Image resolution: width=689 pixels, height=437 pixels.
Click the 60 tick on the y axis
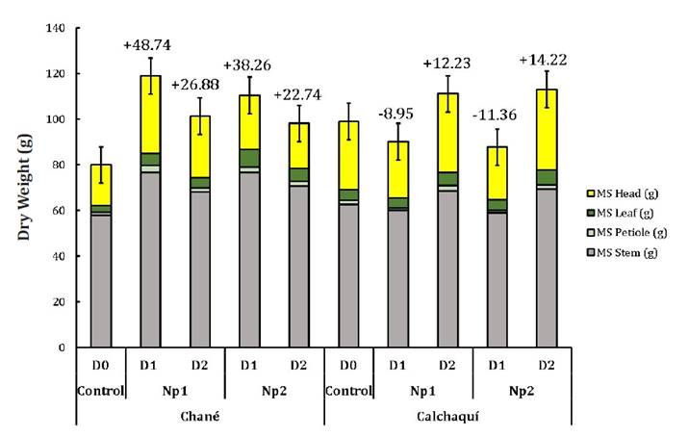pyautogui.click(x=57, y=210)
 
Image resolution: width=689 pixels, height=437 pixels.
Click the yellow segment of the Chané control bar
pyautogui.click(x=94, y=184)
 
